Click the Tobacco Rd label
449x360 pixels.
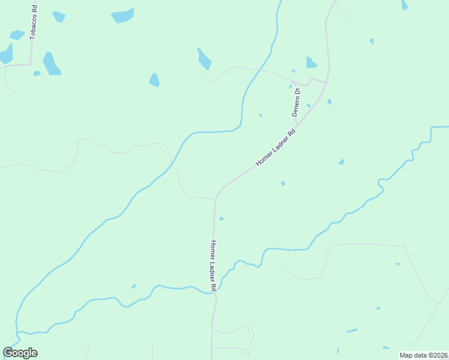(34, 23)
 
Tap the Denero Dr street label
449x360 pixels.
(295, 103)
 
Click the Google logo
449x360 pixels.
(20, 353)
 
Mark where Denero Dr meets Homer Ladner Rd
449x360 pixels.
(297, 125)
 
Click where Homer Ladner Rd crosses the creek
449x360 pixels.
(214, 291)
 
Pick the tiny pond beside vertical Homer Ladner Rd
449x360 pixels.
(221, 218)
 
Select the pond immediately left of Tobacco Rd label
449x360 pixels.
(18, 34)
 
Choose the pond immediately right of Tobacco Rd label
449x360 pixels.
(58, 16)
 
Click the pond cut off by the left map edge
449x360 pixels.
(5, 54)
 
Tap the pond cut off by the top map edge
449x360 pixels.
(404, 4)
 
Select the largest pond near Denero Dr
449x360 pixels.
(311, 62)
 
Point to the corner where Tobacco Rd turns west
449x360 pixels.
(31, 64)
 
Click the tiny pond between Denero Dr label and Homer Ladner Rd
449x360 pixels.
(309, 105)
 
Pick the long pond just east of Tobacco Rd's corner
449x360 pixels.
(50, 64)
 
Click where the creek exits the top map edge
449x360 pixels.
(280, 2)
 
